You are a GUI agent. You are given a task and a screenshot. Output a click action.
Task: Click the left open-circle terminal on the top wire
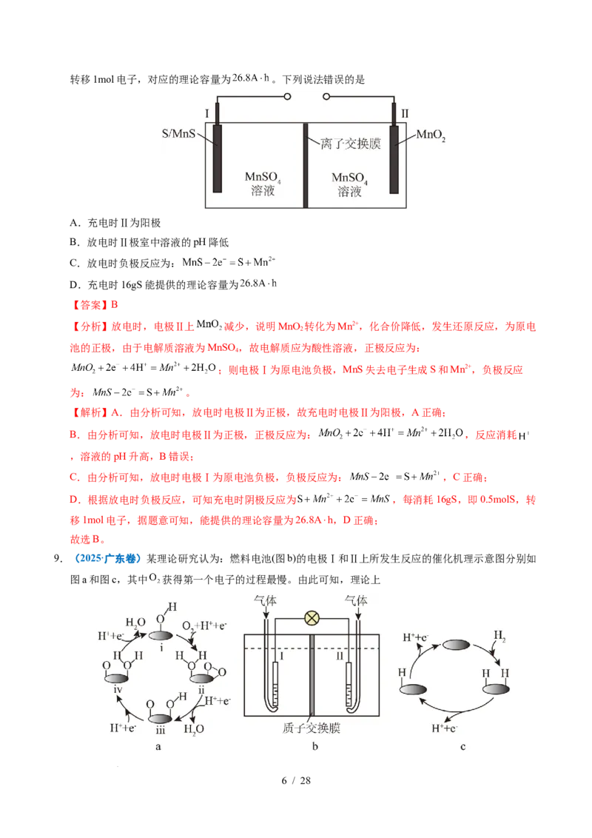287,97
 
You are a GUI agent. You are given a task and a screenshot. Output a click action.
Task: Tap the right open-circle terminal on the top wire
325,97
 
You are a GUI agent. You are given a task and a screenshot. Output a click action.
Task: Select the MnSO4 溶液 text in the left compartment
263,185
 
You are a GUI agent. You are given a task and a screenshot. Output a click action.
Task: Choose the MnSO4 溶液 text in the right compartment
349,185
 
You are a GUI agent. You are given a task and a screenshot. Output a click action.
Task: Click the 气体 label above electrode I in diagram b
265,601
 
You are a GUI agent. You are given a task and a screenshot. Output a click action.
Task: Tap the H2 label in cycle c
499,636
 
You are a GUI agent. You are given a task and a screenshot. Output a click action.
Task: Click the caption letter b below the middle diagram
314,746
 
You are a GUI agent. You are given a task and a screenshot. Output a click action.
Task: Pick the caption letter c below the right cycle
462,746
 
